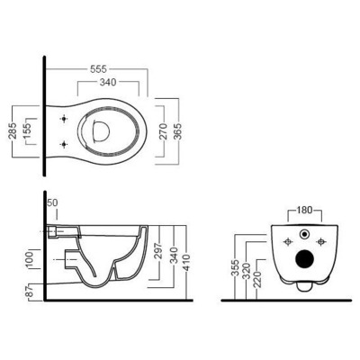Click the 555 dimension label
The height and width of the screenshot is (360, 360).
coord(98,69)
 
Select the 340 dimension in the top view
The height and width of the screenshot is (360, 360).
coord(108,82)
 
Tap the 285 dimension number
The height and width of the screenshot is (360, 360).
coord(13,130)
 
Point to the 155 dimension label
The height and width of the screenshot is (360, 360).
coord(28,131)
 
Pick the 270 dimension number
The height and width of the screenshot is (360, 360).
coord(164,131)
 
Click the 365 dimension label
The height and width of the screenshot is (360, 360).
coord(178,131)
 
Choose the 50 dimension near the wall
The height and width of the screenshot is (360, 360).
coord(52,202)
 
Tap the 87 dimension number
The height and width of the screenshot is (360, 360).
coord(30,291)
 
